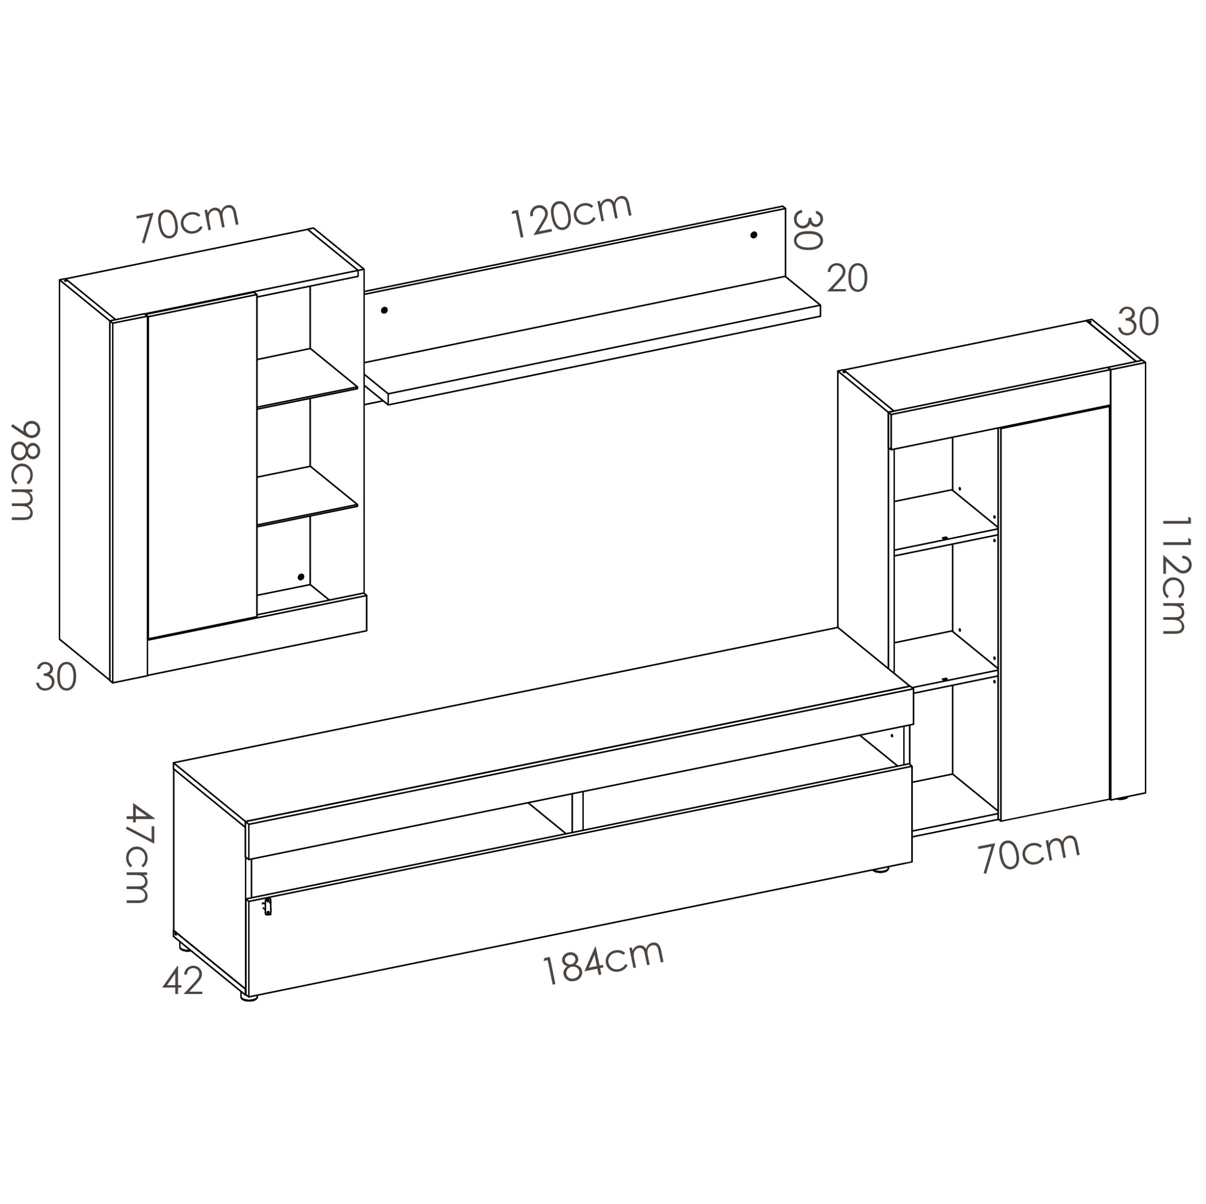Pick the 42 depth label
pyautogui.click(x=183, y=981)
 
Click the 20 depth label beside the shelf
pyautogui.click(x=847, y=278)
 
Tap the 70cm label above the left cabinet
pyautogui.click(x=188, y=222)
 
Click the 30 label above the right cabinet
pyautogui.click(x=1137, y=322)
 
